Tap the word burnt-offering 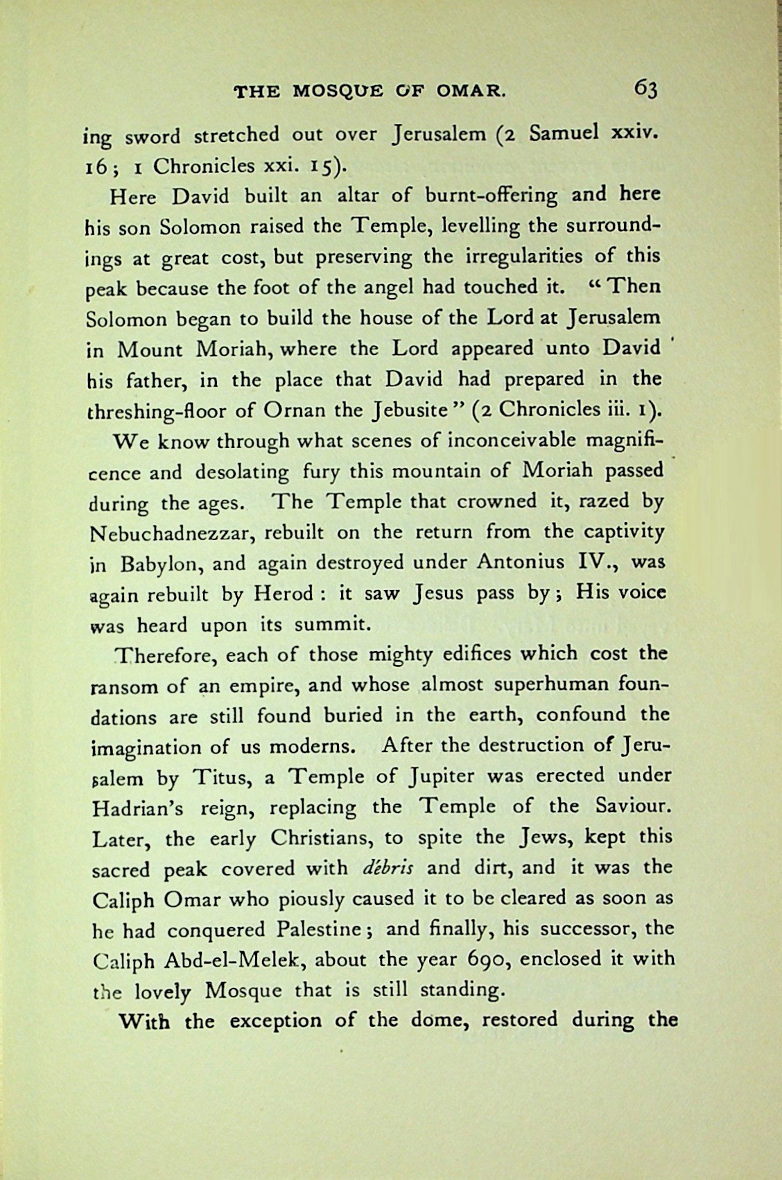coord(487,196)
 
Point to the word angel coord(385,286)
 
